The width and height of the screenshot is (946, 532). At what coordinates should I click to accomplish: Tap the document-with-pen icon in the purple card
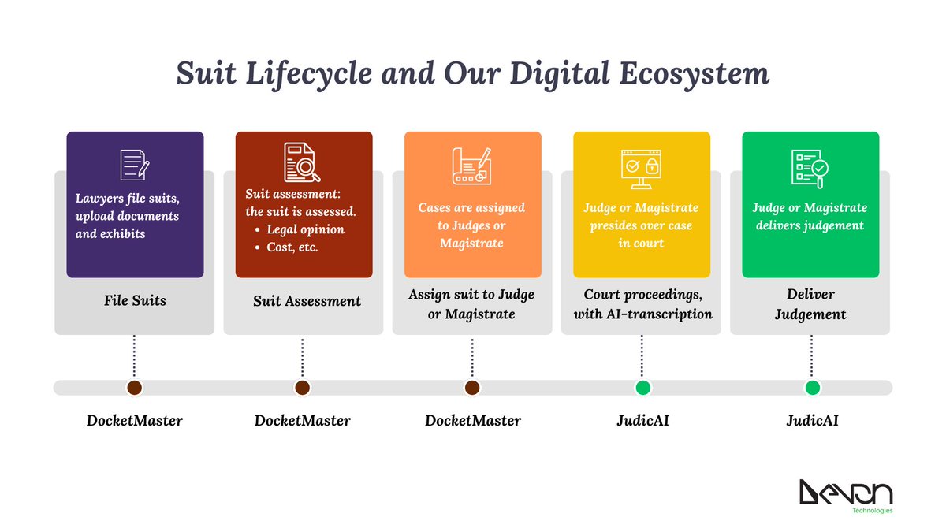point(135,165)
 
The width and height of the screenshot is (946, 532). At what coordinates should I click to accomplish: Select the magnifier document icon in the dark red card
point(304,163)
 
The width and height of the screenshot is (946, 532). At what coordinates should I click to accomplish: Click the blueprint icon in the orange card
point(472,166)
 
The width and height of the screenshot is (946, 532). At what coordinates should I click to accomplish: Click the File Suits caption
point(134,300)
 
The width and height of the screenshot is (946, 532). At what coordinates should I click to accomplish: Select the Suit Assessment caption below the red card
point(307,301)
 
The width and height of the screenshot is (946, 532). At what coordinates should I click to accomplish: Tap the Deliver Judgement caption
point(810,304)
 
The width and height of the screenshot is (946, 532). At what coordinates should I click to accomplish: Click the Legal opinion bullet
point(305,229)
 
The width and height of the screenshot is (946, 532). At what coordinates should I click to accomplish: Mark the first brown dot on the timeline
point(134,388)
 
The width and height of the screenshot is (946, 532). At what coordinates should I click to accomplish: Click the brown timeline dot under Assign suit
point(472,388)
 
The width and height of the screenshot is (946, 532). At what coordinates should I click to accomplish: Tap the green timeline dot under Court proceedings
point(642,388)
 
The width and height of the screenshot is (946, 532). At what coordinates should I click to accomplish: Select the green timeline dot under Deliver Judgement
point(812,388)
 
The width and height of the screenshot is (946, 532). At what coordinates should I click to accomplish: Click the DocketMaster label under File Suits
point(134,421)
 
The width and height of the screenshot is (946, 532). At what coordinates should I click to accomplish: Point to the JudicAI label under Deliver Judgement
point(812,421)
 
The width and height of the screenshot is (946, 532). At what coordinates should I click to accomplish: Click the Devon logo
point(845,493)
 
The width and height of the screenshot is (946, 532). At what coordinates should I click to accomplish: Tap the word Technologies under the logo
point(872,511)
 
